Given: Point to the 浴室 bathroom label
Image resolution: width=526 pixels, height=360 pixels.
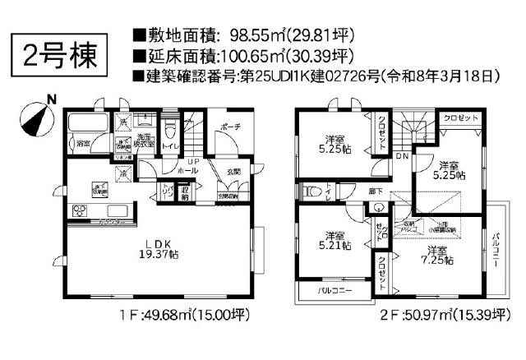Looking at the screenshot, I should pos(84,144).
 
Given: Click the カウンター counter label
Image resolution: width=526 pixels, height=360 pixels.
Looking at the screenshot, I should pos(112,223).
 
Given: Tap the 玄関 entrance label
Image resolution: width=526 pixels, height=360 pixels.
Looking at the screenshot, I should pos(234,171).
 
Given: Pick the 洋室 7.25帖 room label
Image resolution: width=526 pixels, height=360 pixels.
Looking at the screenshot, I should pos(436,255).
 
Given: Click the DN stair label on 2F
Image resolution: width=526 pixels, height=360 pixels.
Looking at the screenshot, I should pos(402,155).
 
